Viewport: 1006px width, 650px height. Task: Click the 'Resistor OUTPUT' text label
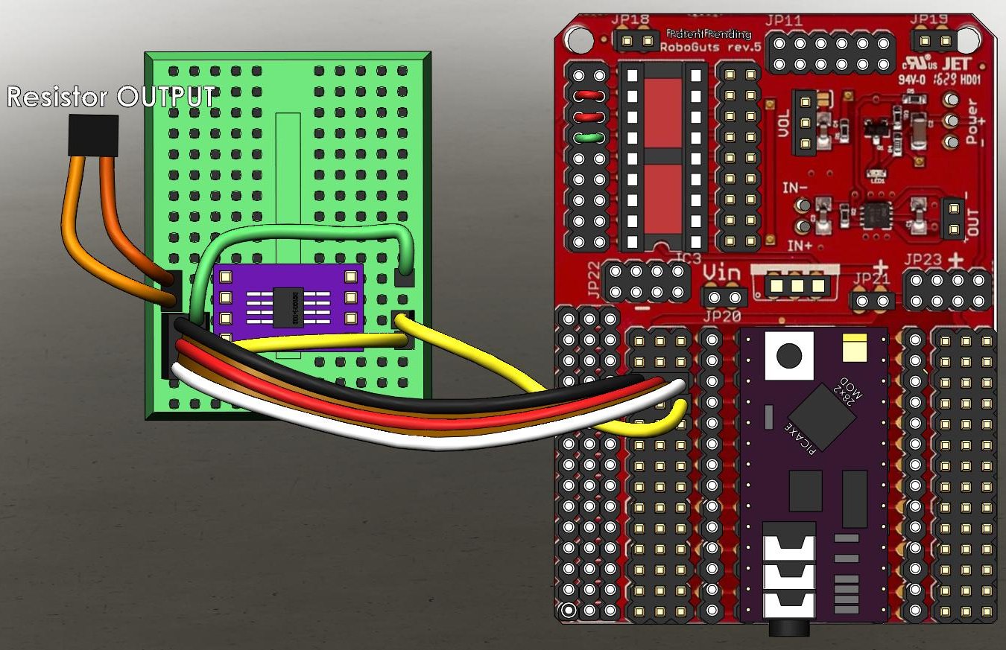pos(110,96)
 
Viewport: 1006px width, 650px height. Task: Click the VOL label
pos(783,124)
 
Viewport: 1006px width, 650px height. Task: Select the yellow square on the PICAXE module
pos(853,347)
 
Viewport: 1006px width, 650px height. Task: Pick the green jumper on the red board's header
pos(589,137)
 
